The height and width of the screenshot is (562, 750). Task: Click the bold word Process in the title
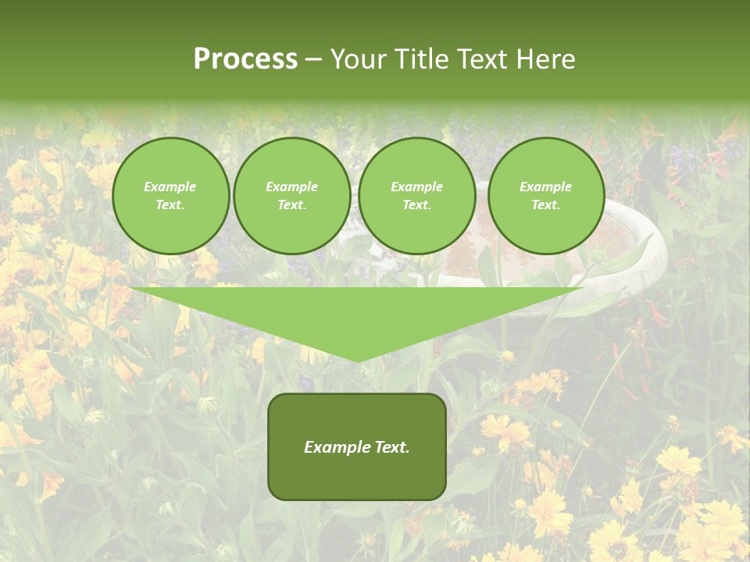click(245, 59)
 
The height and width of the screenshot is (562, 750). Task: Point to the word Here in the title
click(545, 59)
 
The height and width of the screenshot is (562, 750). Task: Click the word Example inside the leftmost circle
click(170, 187)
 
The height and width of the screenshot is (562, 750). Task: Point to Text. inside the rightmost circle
click(546, 205)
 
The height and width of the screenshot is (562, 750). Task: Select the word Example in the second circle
click(292, 187)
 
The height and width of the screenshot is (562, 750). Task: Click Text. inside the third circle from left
click(417, 205)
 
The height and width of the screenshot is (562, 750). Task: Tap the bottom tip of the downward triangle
click(358, 360)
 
